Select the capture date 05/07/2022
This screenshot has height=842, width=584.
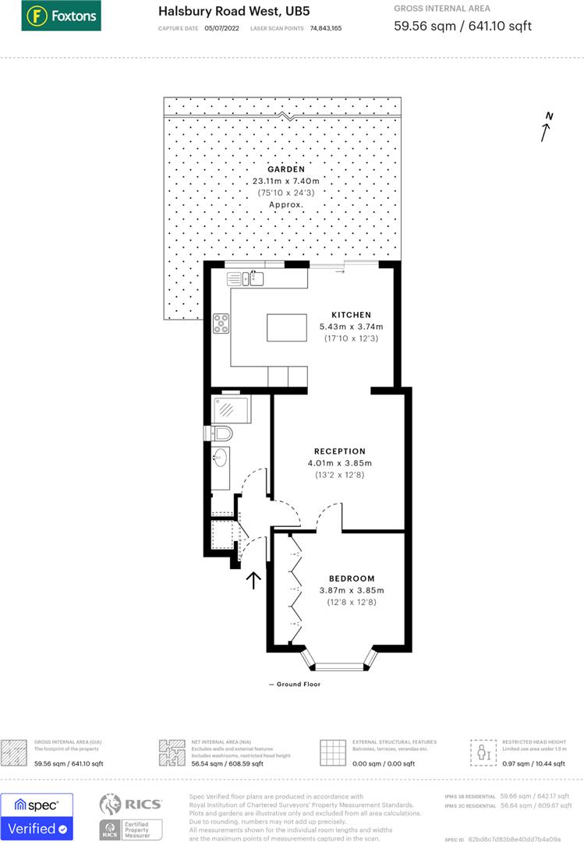pos(220,28)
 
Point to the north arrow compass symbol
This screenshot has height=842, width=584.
pos(547,127)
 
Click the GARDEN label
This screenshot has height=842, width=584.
pos(286,169)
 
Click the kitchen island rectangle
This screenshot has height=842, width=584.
pos(292,327)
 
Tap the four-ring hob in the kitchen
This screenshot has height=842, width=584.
pos(221,323)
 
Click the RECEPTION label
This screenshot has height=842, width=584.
pos(340,451)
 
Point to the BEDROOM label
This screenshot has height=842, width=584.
pos(351,578)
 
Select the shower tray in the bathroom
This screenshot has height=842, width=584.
pos(228,409)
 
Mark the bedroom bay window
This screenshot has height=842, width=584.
pos(338,663)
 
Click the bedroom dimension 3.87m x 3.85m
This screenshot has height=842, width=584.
pos(351,590)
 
